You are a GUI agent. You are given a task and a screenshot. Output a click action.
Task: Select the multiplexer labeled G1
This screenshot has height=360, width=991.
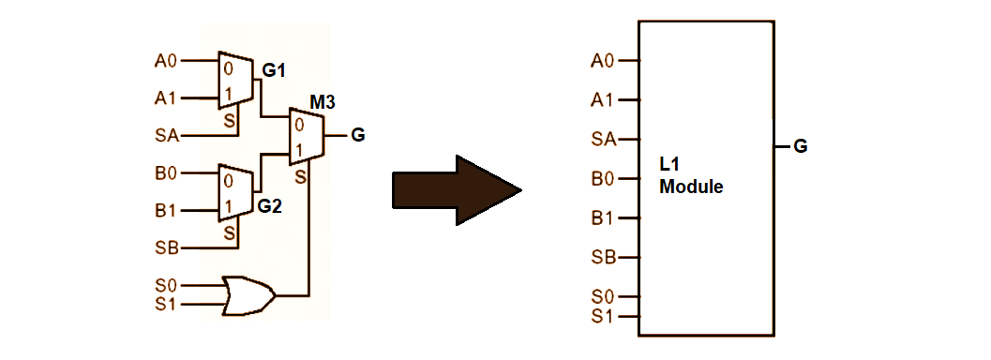click(x=234, y=79)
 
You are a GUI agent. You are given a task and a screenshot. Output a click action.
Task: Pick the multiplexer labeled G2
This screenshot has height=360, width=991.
click(x=234, y=191)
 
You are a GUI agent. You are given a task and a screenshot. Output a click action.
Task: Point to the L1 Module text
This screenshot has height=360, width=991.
click(x=691, y=176)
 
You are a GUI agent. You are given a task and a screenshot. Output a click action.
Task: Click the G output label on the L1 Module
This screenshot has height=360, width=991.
click(x=801, y=146)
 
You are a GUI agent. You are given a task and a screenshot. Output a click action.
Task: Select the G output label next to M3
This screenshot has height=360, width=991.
click(x=357, y=135)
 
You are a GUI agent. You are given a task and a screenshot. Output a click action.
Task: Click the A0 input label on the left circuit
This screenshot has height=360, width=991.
click(x=165, y=61)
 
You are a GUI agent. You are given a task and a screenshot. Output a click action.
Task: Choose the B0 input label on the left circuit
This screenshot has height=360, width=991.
click(x=165, y=173)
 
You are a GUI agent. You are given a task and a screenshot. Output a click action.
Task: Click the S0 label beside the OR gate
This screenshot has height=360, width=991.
click(x=165, y=284)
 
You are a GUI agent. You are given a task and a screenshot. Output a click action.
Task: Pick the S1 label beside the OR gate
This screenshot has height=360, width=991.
click(x=165, y=304)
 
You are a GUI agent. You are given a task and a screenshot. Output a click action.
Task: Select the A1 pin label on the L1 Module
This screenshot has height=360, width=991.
click(x=603, y=99)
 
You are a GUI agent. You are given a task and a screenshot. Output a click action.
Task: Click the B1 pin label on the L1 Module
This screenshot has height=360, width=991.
click(x=603, y=217)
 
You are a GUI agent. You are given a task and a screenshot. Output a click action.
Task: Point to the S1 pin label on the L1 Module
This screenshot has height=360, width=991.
click(x=603, y=315)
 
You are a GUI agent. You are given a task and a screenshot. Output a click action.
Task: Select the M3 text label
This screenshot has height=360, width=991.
click(x=323, y=100)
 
